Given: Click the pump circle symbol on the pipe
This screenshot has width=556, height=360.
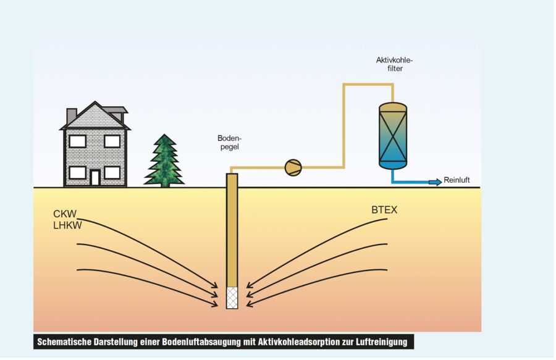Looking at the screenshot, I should pos(293,167).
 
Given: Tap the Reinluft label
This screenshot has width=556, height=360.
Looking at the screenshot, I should pos(457,181).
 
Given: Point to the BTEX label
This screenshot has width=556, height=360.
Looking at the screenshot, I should pos(384,210).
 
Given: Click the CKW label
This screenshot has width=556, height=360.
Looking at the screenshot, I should pos(65,214).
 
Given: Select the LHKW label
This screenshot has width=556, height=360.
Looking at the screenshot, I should pos(68,225).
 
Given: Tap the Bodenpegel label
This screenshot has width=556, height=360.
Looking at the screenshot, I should pos(229,143).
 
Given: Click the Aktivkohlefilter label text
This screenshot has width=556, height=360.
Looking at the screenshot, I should pos(394,64).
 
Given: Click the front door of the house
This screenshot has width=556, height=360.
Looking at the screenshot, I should pos(95,178).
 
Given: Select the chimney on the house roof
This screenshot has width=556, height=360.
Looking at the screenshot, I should pos(72,115).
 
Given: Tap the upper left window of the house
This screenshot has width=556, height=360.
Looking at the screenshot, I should pos(77,141).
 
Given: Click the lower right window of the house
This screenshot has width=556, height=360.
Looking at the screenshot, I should pos(112,172).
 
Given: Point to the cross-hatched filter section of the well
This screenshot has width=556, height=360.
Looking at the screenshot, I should pos(232,298).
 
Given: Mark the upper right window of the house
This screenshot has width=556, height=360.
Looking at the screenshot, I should pos(112,141).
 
